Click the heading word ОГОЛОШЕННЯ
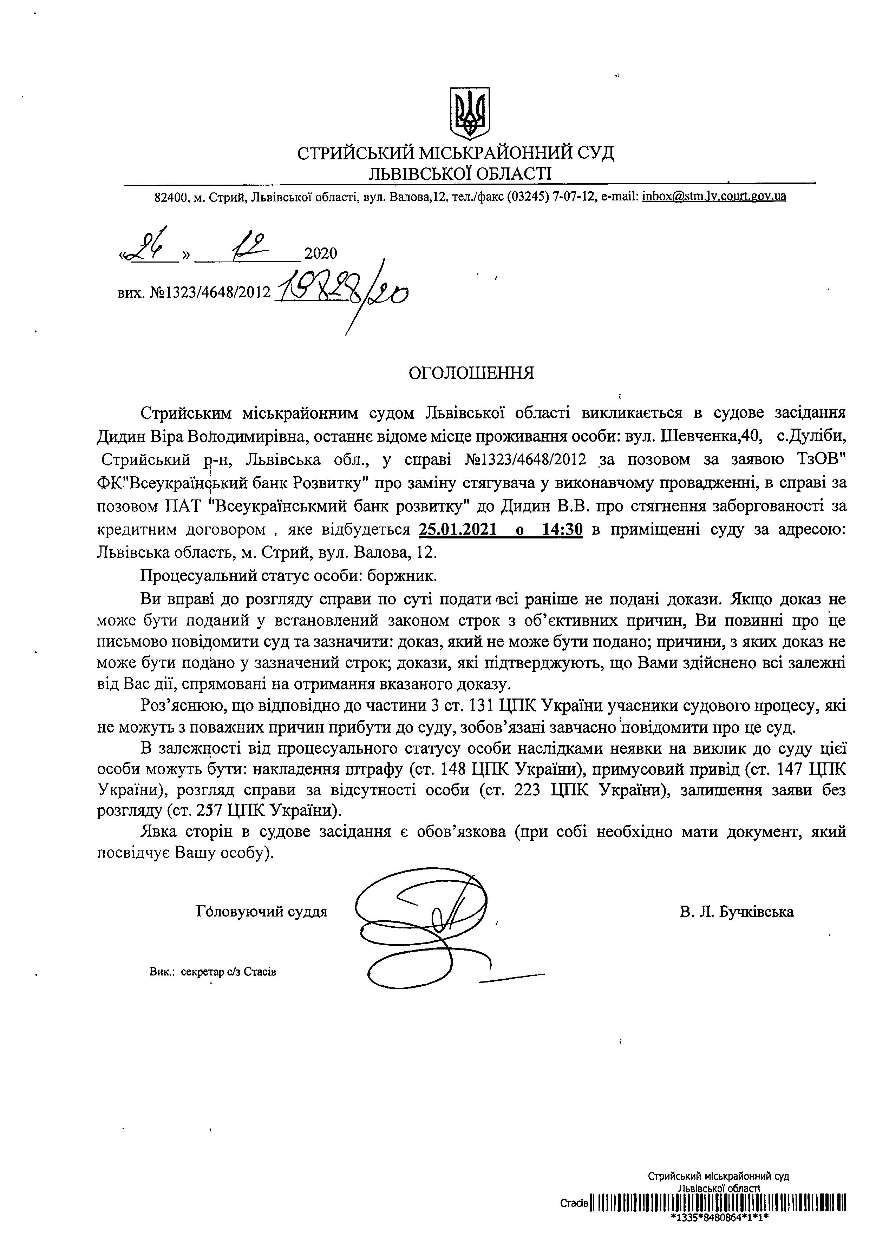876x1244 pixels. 471,373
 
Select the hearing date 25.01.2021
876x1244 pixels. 458,529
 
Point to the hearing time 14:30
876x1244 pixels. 562,529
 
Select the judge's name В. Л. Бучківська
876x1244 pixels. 736,912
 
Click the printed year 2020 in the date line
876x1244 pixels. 321,253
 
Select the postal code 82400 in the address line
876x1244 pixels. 170,196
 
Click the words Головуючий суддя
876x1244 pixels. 262,912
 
